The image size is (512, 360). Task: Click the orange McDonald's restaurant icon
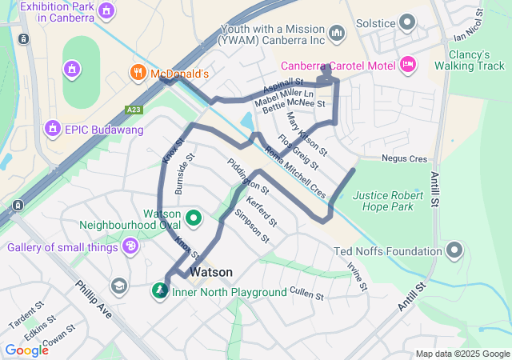pos(138,74)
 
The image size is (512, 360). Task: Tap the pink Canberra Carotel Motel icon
pos(407,63)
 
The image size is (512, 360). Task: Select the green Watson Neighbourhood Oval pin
pos(194,217)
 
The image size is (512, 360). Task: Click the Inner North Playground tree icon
pos(162,290)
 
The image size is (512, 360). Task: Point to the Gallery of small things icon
pos(131,247)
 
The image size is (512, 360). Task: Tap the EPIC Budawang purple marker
pos(54,128)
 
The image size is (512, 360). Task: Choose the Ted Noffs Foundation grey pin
pos(454,251)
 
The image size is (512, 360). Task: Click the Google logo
pos(26,350)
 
